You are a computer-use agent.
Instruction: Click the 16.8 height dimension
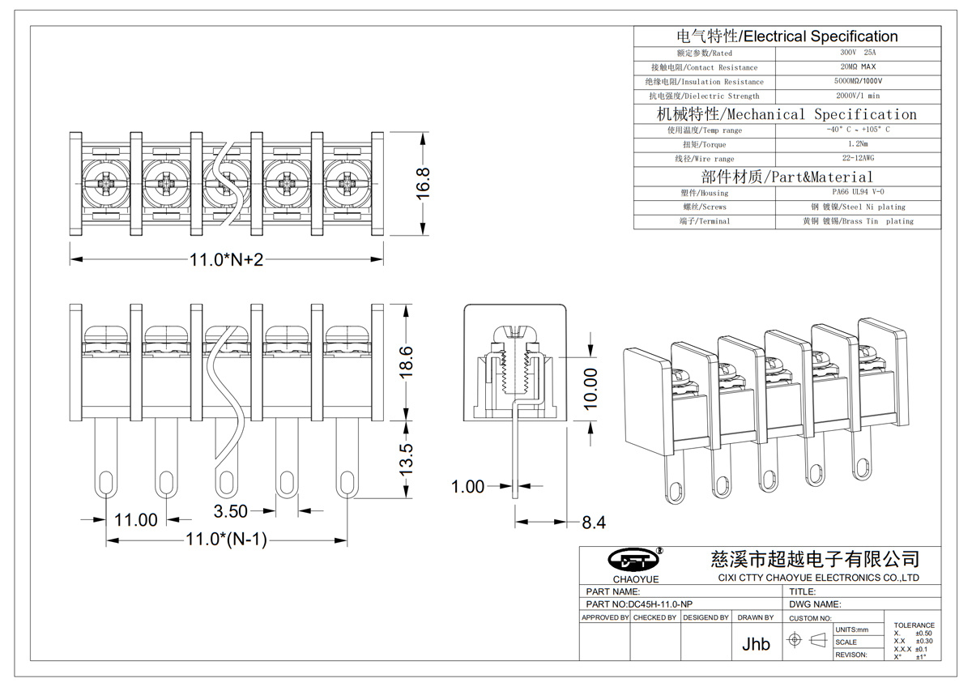(x=423, y=184)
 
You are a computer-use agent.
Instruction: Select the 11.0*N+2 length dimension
(x=226, y=259)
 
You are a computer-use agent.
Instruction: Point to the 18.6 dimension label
(x=406, y=362)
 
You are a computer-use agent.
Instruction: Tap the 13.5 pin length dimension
(x=406, y=459)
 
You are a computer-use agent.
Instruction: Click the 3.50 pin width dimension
(x=230, y=511)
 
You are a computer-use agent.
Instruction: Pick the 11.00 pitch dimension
(x=136, y=519)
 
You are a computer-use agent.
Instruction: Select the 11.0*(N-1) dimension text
(x=226, y=540)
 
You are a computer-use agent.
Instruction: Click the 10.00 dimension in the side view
(x=590, y=389)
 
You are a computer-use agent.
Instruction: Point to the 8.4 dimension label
(x=594, y=522)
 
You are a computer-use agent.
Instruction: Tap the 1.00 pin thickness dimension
(x=468, y=487)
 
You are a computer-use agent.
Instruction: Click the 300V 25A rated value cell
(x=858, y=53)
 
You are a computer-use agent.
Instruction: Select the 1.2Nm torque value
(x=858, y=143)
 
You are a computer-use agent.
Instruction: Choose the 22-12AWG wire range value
(x=858, y=158)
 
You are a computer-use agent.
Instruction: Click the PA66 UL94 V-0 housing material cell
(x=858, y=192)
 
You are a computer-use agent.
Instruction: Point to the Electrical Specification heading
(x=821, y=36)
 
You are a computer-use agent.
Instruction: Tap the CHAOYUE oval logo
(x=633, y=560)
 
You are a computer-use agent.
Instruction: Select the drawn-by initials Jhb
(x=756, y=644)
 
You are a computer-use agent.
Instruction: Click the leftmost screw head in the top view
(x=105, y=184)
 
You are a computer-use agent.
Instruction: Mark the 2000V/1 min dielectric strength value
(x=858, y=96)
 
